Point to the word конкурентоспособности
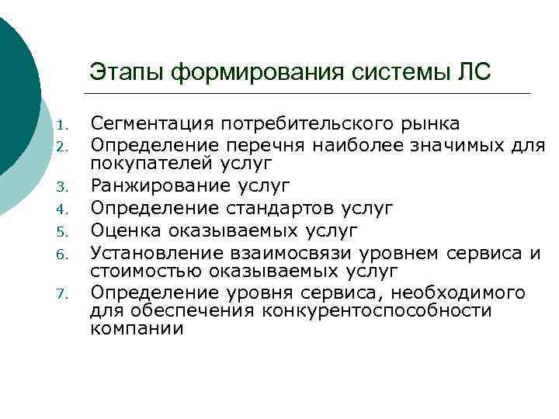click(377, 311)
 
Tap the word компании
click(137, 328)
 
